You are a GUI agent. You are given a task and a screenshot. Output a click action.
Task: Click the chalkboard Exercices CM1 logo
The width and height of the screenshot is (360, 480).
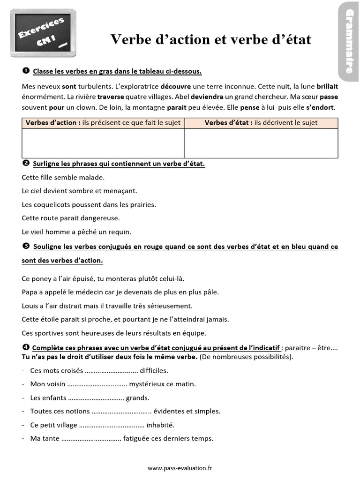43,33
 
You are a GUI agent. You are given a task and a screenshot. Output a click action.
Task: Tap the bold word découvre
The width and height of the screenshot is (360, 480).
175,87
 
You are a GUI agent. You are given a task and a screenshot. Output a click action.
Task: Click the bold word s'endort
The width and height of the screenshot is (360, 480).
320,107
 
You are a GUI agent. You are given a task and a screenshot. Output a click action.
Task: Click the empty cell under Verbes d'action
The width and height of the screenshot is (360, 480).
103,143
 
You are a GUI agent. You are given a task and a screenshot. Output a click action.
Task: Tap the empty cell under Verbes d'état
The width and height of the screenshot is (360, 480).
261,143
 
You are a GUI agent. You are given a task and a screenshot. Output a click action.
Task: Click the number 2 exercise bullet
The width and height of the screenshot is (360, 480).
26,164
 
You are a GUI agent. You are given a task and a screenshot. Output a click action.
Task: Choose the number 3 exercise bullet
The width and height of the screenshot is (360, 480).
26,246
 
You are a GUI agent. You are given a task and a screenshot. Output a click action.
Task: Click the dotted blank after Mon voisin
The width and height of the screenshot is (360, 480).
97,384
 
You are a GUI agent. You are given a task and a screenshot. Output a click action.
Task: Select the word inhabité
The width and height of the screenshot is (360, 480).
160,425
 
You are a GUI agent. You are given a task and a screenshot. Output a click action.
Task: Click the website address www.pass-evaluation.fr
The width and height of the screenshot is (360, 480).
180,468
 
